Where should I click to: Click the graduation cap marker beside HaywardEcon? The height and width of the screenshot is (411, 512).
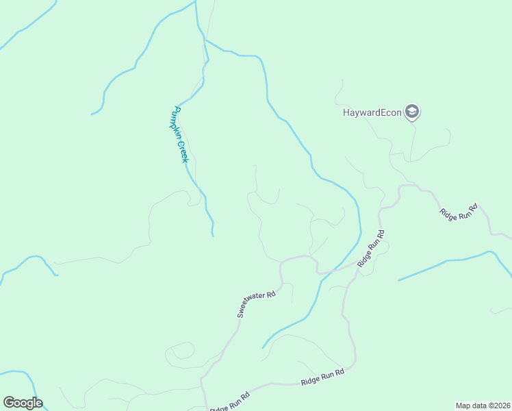click(x=411, y=112)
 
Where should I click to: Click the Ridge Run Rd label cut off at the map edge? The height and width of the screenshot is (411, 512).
click(x=230, y=401)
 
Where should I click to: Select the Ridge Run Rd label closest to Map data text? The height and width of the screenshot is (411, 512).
click(x=322, y=377)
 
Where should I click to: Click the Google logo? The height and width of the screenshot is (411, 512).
click(x=23, y=403)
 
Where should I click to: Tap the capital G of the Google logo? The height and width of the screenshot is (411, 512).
click(x=8, y=403)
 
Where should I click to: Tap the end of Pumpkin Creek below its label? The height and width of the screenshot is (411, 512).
click(x=213, y=236)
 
